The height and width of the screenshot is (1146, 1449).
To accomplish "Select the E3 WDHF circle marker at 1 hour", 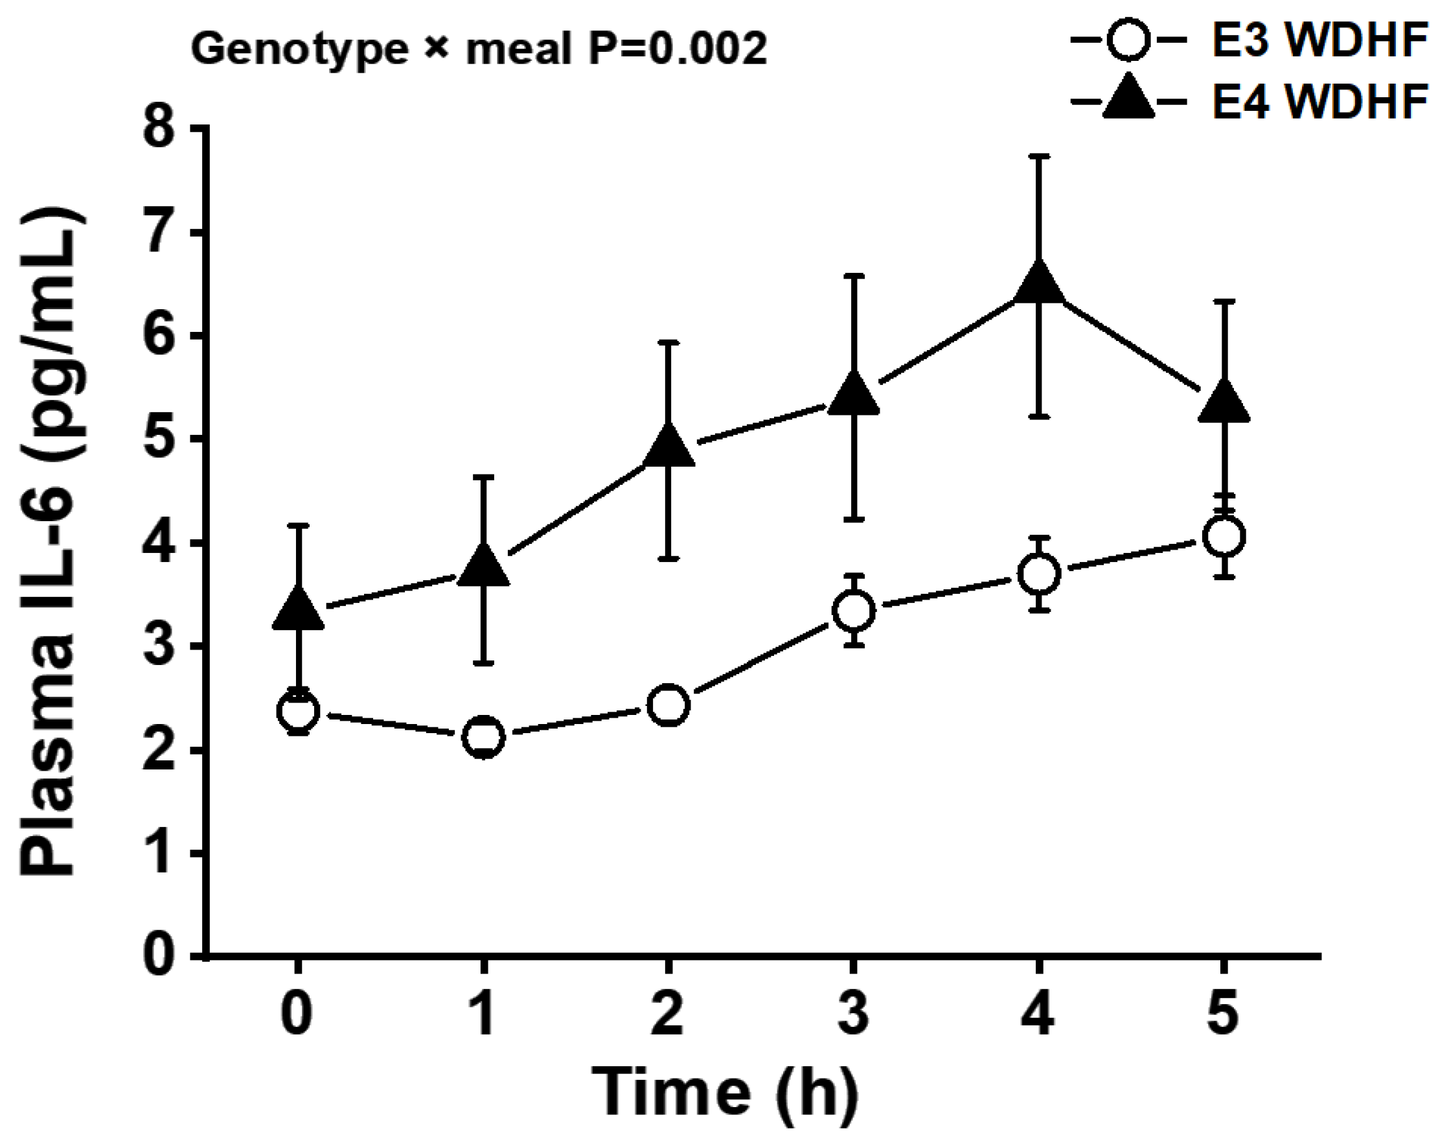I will [x=483, y=736].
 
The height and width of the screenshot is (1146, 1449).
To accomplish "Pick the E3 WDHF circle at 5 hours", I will [x=1224, y=535].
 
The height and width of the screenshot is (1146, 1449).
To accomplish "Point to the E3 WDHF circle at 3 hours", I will [x=853, y=611].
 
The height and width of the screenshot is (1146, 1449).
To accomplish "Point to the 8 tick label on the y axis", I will [x=160, y=128].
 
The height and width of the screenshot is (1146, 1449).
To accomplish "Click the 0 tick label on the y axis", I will [x=160, y=955].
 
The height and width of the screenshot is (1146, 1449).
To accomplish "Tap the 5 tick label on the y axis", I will [x=160, y=439].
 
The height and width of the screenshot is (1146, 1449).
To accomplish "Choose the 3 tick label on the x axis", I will [x=853, y=1012].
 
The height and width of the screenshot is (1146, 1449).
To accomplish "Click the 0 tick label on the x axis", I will [x=297, y=1012].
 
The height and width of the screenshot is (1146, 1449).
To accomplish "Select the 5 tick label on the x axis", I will [x=1223, y=1012].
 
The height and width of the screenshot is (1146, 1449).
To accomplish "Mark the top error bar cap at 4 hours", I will [x=1038, y=156].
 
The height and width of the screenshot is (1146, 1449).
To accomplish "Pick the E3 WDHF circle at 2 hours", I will [x=668, y=705].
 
